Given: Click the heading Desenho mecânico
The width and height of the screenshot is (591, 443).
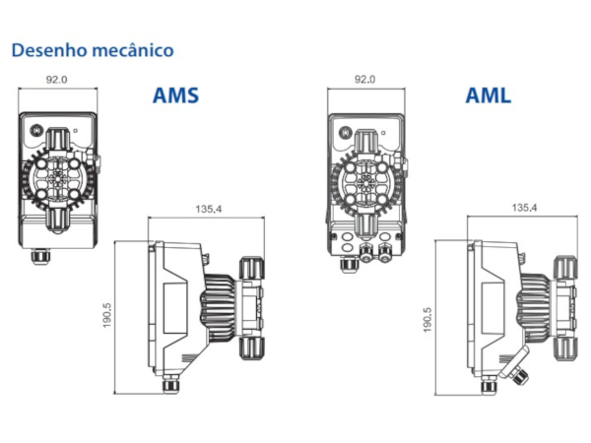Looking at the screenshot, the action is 93,50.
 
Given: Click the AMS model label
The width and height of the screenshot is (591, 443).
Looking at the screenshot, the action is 175,95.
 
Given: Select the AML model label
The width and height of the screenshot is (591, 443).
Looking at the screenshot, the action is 489,95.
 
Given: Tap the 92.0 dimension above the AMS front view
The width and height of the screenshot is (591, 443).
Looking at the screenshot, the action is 56,80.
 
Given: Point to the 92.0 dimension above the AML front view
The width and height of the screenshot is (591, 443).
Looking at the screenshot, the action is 364,79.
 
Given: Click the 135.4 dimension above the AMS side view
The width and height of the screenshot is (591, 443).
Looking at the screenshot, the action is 209,209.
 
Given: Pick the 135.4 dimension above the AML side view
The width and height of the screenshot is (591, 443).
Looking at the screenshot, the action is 524,208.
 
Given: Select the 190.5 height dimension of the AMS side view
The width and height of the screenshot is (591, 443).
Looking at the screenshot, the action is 107,315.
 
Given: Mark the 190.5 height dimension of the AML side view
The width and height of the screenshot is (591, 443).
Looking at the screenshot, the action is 427,320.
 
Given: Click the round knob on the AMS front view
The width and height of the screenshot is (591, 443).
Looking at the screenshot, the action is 36,130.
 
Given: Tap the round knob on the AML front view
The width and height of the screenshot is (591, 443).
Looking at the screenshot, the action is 345,132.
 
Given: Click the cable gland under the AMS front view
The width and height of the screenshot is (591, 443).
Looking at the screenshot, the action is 40,257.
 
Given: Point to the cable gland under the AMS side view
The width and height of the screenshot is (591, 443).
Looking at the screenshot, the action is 170,385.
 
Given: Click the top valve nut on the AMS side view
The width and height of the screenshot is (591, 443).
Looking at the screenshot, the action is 251,268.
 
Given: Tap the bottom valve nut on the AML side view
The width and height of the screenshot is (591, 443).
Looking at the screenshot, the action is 565,348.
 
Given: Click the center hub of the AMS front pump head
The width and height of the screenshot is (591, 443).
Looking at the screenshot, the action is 57,178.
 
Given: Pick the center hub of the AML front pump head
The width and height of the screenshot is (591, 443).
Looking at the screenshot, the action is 365,182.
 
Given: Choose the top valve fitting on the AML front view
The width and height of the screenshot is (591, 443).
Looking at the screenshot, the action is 365,142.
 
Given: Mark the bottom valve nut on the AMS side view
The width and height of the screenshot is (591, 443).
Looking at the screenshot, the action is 252,348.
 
